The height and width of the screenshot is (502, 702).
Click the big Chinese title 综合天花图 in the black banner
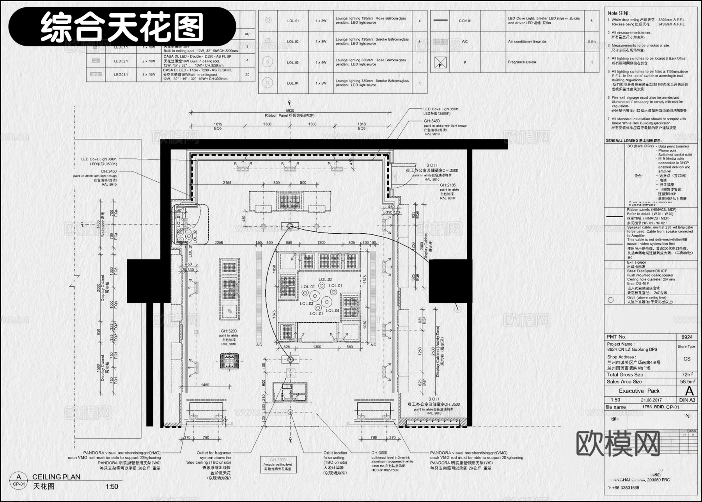point(122,27)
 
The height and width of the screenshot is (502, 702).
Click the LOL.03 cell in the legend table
point(292,62)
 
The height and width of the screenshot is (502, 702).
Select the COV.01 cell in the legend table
point(465,21)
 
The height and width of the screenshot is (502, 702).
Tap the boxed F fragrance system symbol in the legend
point(440,62)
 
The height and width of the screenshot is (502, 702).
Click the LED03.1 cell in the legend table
point(121,74)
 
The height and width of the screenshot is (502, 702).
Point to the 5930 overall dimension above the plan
point(289,111)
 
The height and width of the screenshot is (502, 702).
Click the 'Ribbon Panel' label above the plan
point(289,116)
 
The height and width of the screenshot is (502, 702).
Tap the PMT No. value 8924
point(687,337)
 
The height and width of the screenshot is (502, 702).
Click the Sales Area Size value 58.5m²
point(687,382)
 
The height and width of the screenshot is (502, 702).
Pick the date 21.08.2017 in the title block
point(652,400)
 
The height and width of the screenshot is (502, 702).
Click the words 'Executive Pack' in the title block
point(639,391)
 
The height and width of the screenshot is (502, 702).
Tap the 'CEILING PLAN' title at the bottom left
point(56,477)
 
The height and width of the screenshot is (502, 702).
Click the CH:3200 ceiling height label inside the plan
point(229,331)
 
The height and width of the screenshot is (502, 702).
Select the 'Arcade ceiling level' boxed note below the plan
point(278,465)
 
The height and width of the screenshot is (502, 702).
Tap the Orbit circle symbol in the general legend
point(610,300)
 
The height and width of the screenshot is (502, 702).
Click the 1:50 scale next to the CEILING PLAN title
point(112,486)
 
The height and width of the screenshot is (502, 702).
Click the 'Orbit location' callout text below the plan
point(335,453)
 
